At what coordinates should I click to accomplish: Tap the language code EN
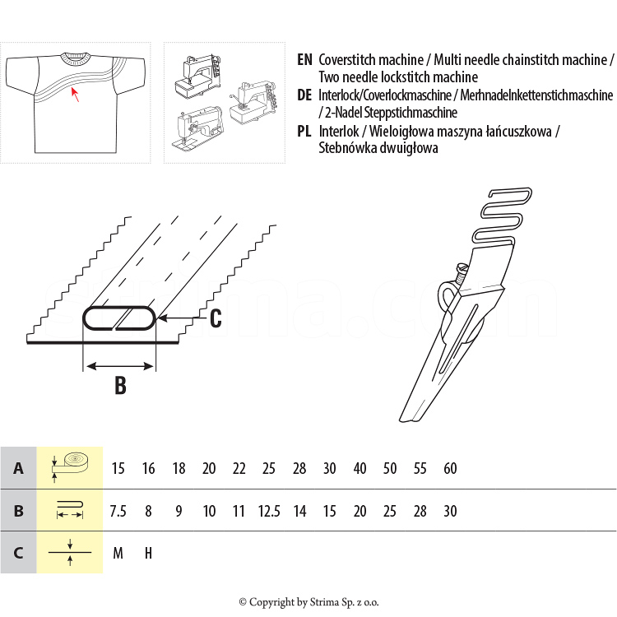(x=304, y=60)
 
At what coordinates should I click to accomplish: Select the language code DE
(x=304, y=95)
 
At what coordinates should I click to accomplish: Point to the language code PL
(x=304, y=131)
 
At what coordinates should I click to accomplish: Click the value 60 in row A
(x=450, y=469)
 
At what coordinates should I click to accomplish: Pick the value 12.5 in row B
(x=269, y=512)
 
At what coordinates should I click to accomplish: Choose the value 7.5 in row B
(x=118, y=512)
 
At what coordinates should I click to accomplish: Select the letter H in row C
(x=148, y=553)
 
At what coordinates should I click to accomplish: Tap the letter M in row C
(x=118, y=553)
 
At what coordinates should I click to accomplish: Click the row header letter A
(x=18, y=469)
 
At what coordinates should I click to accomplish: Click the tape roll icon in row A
(x=70, y=466)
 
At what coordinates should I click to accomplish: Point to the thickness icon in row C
(x=70, y=552)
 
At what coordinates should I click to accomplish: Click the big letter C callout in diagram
(x=215, y=318)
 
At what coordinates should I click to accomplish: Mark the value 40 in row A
(x=360, y=469)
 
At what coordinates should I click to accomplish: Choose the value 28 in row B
(x=420, y=512)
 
